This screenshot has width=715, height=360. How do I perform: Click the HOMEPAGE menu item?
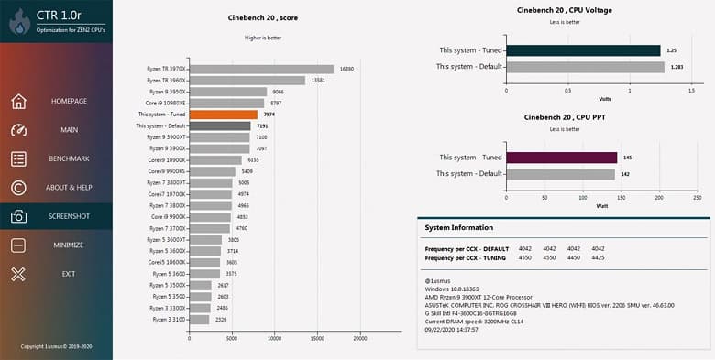(69, 101)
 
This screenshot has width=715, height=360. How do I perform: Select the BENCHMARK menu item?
(69, 158)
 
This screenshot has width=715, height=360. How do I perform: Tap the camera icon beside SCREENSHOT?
(18, 216)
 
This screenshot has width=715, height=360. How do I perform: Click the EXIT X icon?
(18, 274)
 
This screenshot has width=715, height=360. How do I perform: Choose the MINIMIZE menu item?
(69, 245)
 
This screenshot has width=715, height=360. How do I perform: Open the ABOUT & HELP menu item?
(70, 188)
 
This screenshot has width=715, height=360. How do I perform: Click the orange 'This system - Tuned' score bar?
(223, 115)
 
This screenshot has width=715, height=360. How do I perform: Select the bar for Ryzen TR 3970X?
(261, 69)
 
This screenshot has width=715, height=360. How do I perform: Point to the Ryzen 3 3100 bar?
(199, 319)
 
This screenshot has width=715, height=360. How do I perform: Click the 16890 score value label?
(346, 69)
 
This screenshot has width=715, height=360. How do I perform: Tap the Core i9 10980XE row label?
(166, 104)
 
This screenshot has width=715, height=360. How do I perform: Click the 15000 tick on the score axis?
(317, 338)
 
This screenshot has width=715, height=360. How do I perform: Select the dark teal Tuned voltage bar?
(582, 50)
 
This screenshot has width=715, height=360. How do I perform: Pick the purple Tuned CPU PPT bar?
(560, 158)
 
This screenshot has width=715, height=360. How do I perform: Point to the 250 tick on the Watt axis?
(697, 197)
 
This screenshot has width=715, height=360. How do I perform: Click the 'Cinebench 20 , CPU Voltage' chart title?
(565, 10)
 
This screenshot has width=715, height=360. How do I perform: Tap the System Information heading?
(459, 227)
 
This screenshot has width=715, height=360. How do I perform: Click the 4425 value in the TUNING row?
(599, 258)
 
